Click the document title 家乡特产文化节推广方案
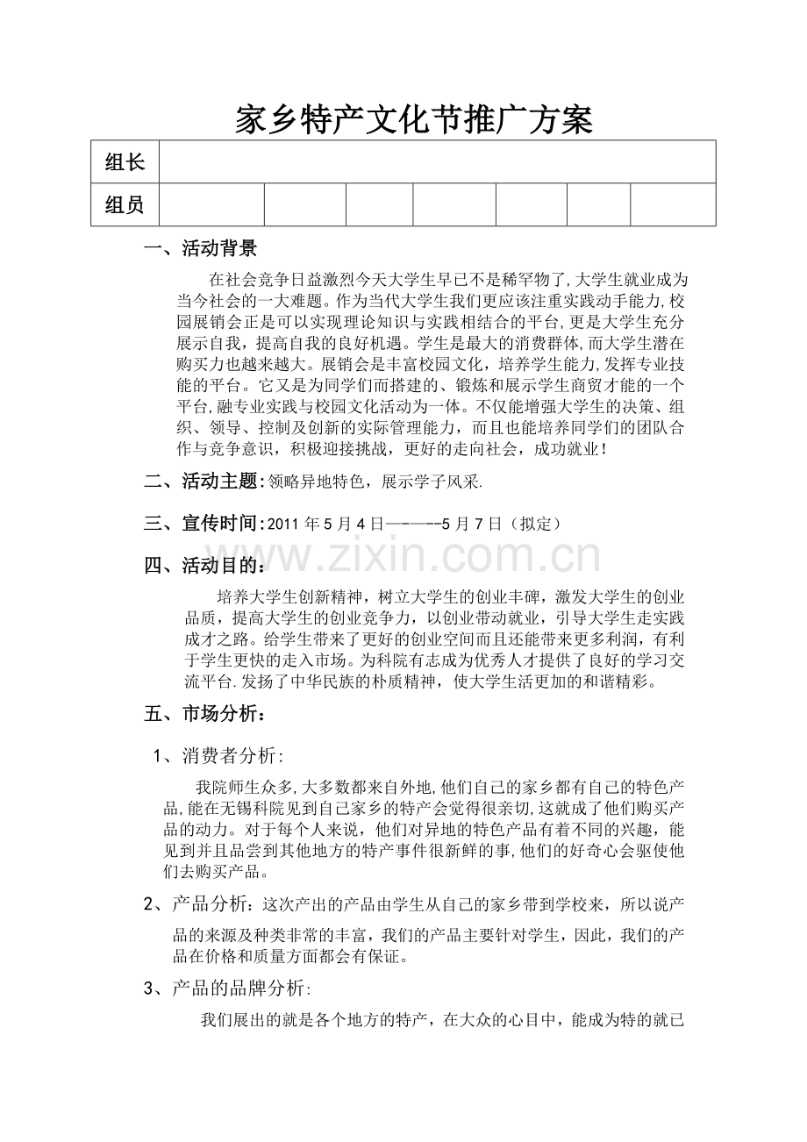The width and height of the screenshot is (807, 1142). [414, 121]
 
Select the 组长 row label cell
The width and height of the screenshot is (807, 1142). [125, 162]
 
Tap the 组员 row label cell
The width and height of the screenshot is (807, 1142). [125, 205]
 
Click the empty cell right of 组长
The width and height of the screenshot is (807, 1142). [436, 162]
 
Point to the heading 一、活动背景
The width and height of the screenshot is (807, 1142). [201, 249]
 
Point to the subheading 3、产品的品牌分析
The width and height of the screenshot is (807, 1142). [226, 989]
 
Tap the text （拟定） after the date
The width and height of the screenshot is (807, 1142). [534, 525]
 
